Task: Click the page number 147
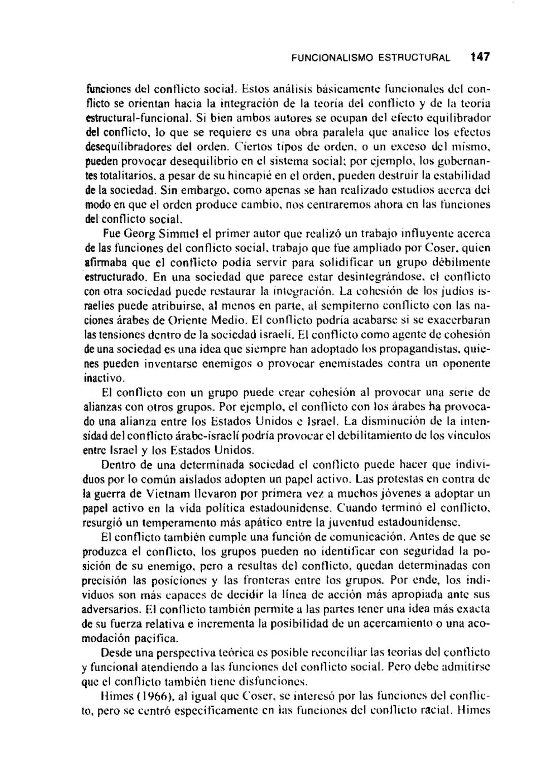pos(479,57)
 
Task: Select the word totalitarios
pos(120,177)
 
